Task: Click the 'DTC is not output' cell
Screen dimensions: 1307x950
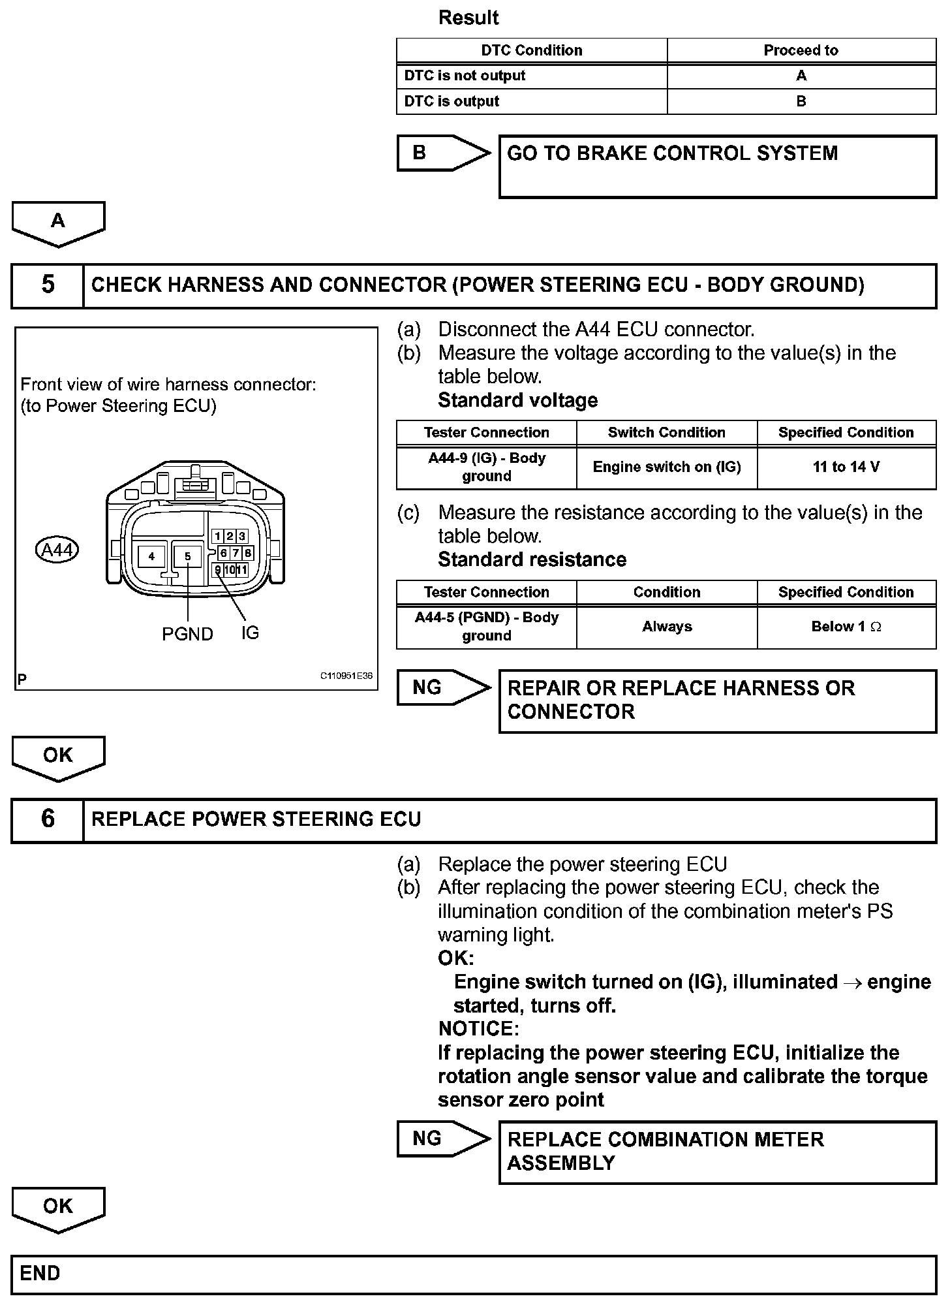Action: (x=531, y=76)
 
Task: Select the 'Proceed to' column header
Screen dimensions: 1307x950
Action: (x=801, y=50)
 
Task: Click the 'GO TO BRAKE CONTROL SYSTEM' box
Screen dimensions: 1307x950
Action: (x=717, y=166)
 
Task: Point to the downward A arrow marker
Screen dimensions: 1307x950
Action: (x=58, y=223)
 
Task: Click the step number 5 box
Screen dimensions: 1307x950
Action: (x=48, y=285)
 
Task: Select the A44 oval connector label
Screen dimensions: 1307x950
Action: (x=57, y=550)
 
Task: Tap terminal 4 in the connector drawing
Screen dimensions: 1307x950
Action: (x=151, y=556)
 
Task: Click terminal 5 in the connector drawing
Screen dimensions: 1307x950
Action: (x=187, y=556)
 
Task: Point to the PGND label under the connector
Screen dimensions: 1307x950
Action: (x=187, y=634)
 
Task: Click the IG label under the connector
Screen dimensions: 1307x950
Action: (x=250, y=633)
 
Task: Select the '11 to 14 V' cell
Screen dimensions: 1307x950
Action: (x=846, y=467)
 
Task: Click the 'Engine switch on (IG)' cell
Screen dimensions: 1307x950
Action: (x=666, y=467)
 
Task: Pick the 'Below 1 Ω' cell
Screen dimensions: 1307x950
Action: (x=846, y=627)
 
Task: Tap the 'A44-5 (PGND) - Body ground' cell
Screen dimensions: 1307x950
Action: (x=486, y=627)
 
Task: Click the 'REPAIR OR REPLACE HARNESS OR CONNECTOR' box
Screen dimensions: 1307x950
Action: (x=717, y=701)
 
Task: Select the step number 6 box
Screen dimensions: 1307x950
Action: (x=48, y=819)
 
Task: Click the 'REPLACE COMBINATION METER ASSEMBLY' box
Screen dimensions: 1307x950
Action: (x=717, y=1152)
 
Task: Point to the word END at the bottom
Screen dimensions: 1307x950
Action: (x=40, y=1273)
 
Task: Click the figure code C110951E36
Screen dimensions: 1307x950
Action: (x=346, y=676)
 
